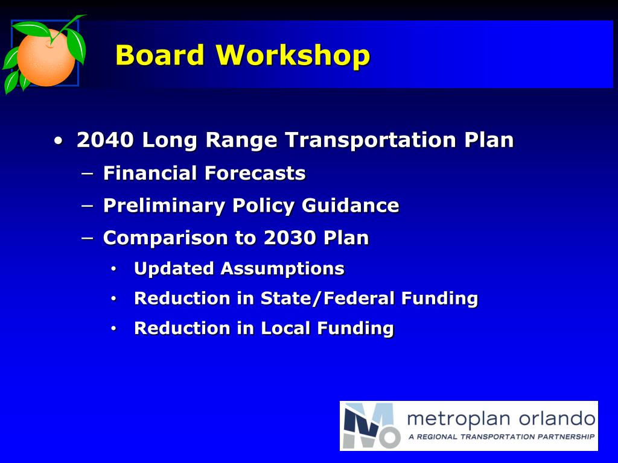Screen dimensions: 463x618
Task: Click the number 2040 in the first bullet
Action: pyautogui.click(x=105, y=140)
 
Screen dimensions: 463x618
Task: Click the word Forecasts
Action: pyautogui.click(x=255, y=174)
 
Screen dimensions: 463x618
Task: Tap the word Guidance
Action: pyautogui.click(x=350, y=206)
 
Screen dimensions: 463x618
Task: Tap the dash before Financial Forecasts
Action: pyautogui.click(x=87, y=174)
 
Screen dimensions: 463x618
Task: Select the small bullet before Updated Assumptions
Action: pyautogui.click(x=113, y=269)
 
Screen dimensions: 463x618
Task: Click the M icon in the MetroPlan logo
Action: pyautogui.click(x=371, y=426)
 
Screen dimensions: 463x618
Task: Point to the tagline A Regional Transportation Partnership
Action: pyautogui.click(x=501, y=436)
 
